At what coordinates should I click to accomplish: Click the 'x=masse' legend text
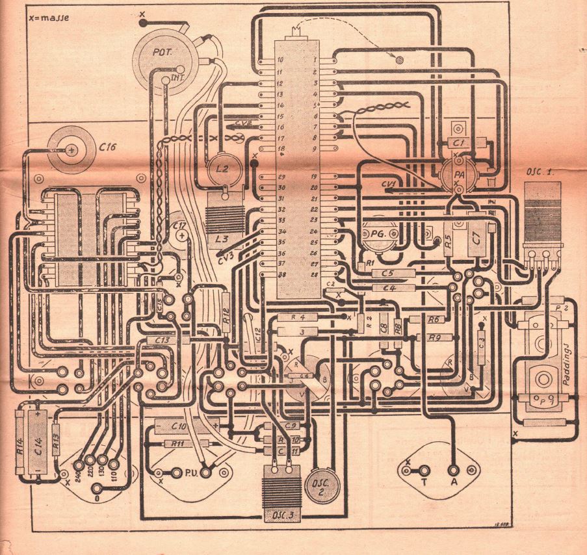[x=49, y=19]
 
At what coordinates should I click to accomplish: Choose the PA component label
[x=459, y=175]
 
